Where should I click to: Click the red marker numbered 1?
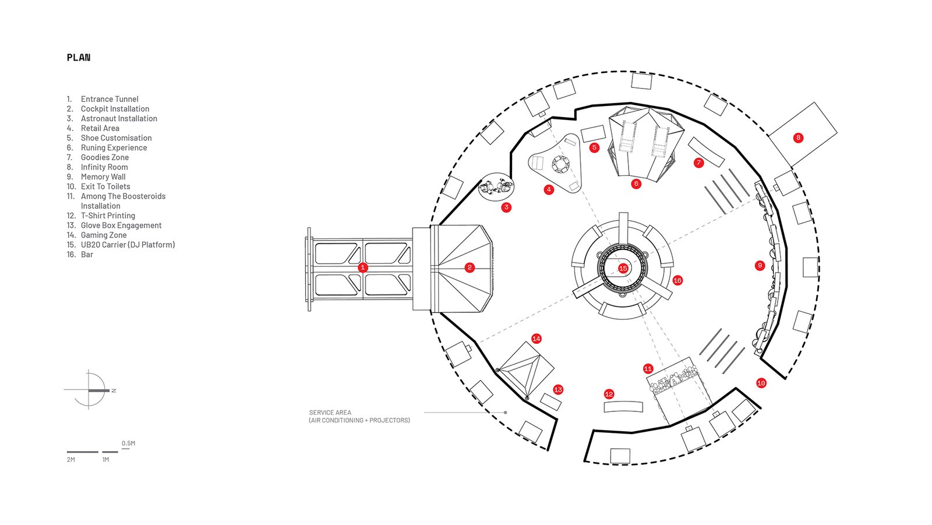pos(363,267)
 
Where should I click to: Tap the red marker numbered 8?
pos(798,138)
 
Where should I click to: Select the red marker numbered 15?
pos(623,269)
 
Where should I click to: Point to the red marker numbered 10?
pos(761,383)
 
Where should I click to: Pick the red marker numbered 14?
pos(536,339)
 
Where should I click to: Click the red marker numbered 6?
pos(636,184)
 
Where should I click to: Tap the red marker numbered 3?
pos(506,207)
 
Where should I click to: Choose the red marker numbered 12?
pos(609,394)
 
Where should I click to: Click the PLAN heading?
pos(79,58)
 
